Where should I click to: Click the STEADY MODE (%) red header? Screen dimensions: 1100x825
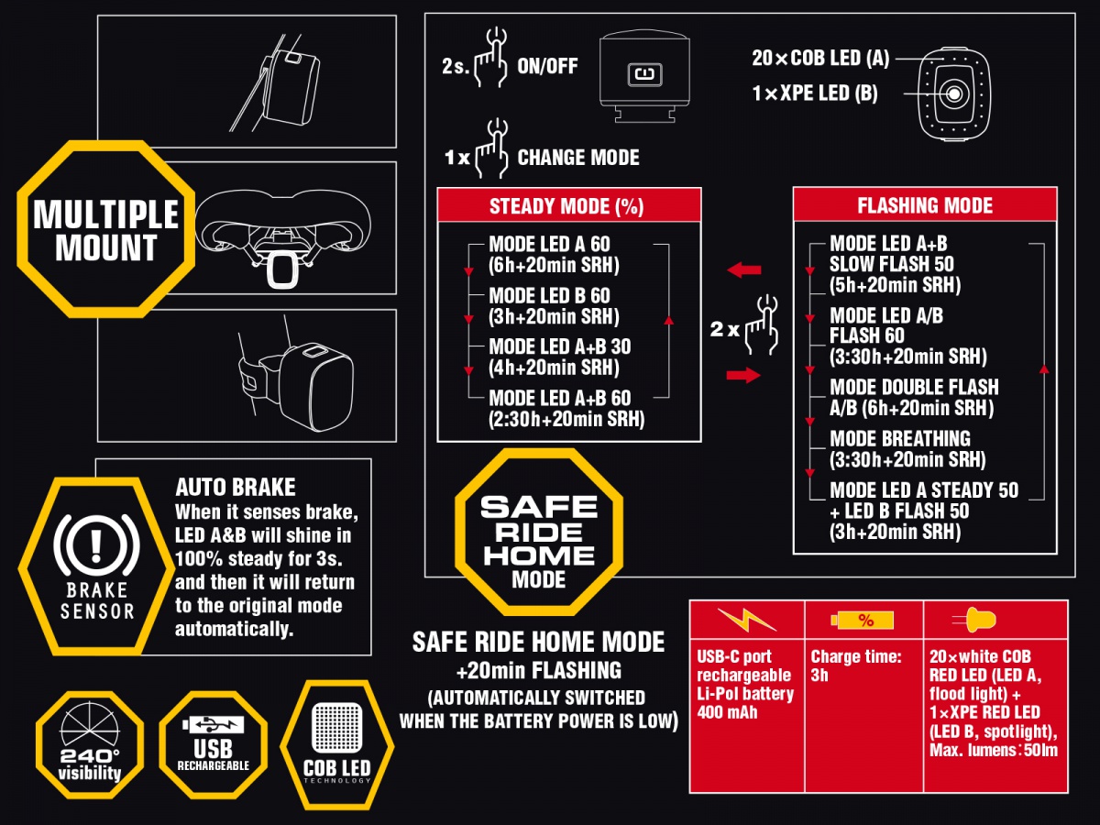point(569,205)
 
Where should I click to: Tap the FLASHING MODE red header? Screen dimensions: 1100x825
point(925,204)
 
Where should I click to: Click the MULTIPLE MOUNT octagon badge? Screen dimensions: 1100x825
point(105,229)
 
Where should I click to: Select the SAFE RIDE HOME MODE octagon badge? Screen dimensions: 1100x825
point(539,532)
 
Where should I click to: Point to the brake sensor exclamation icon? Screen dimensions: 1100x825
point(96,545)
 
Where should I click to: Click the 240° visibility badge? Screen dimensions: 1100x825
point(90,745)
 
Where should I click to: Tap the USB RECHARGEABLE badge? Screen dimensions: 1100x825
point(213,745)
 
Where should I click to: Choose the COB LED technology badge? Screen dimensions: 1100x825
point(336,745)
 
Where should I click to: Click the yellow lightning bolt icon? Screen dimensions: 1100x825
point(747,620)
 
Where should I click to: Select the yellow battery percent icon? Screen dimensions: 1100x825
point(863,621)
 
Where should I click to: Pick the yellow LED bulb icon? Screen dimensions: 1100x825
point(974,621)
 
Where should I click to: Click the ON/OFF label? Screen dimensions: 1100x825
point(547,66)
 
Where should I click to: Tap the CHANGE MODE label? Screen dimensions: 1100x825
point(578,158)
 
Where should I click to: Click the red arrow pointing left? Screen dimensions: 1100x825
point(744,270)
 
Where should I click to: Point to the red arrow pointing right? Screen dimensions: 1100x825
point(743,375)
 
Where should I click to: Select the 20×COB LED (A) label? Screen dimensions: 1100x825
point(820,58)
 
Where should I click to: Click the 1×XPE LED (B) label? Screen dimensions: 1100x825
point(815,93)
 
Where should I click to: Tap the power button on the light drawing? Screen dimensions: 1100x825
point(645,74)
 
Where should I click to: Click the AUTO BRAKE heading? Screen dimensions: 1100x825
point(236,487)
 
